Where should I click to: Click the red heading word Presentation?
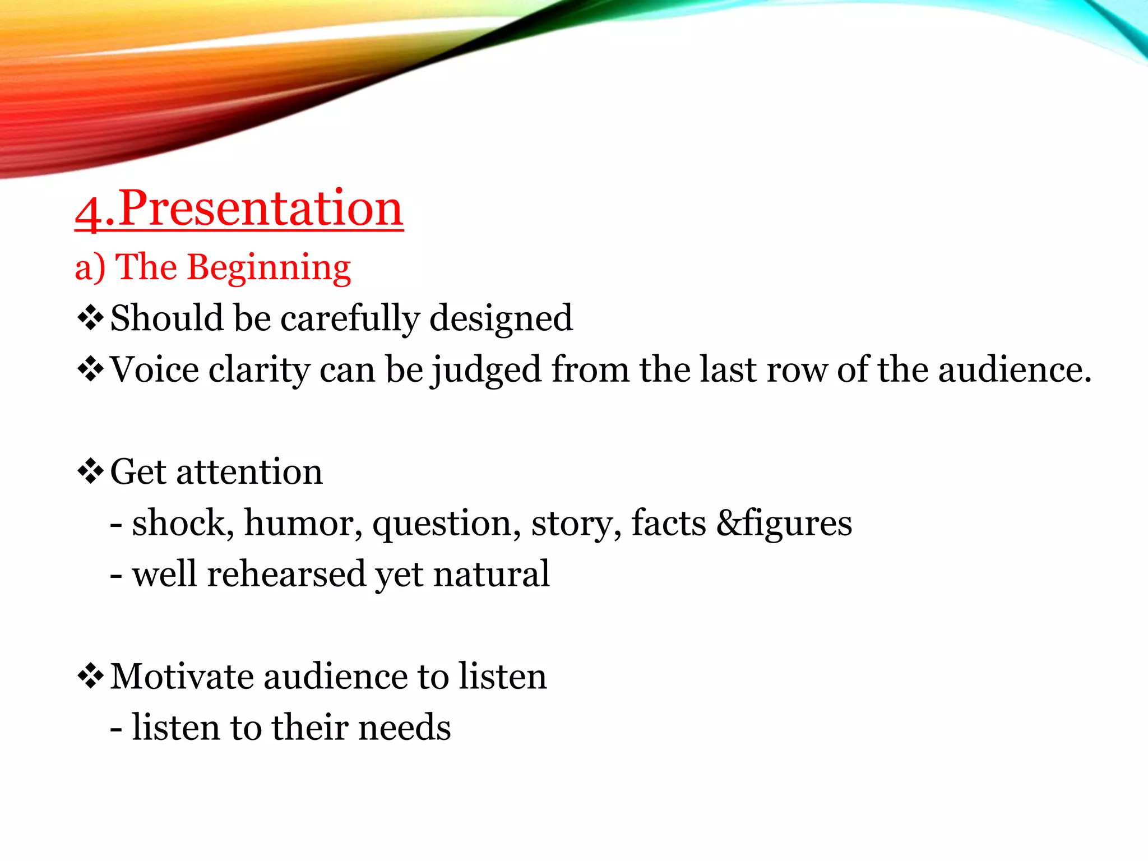[x=261, y=209]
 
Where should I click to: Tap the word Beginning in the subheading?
[x=269, y=267]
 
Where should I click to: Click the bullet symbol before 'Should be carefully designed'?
[x=90, y=318]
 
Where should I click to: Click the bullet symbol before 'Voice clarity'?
[x=90, y=370]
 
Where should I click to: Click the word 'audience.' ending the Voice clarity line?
[x=1015, y=370]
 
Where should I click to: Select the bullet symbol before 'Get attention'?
[x=90, y=471]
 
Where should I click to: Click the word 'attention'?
[x=249, y=472]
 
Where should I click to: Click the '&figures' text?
[x=784, y=523]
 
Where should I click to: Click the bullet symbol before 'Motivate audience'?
[x=90, y=676]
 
